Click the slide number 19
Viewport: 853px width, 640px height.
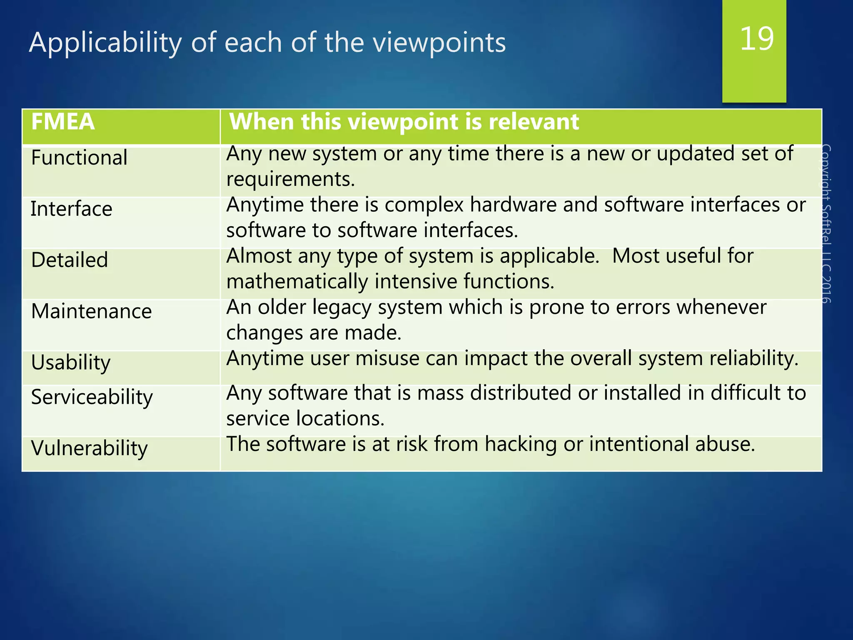coord(757,39)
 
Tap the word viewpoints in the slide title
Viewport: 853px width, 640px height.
coord(439,43)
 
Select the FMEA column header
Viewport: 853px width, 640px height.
coord(63,122)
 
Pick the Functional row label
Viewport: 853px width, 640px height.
coord(79,158)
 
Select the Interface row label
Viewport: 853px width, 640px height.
coord(71,209)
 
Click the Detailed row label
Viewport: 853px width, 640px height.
coord(70,260)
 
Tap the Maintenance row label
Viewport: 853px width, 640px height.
coord(91,312)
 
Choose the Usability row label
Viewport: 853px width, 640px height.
coord(71,362)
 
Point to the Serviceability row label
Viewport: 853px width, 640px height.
coord(92,397)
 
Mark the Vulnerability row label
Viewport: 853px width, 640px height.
coord(89,448)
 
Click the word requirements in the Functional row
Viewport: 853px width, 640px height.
coord(290,180)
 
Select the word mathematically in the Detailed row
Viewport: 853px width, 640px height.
coord(297,282)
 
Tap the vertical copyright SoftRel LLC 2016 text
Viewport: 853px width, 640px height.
coord(826,224)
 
